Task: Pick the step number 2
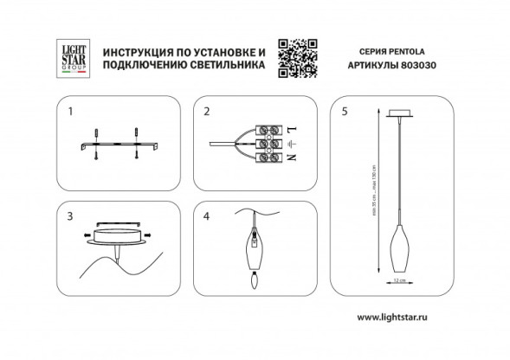point(206,112)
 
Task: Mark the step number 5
point(345,112)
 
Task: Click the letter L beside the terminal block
point(290,128)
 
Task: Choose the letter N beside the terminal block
point(290,158)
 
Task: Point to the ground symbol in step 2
point(290,143)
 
